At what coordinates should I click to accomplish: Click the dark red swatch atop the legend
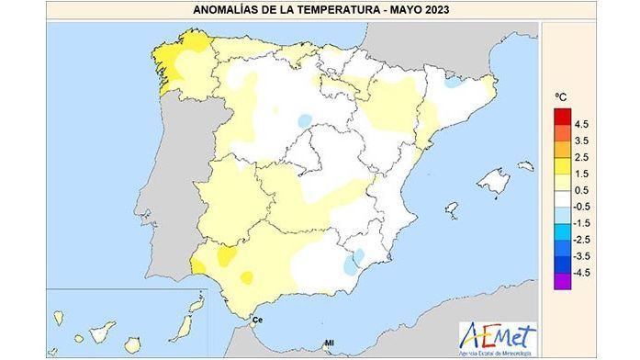pos(561,116)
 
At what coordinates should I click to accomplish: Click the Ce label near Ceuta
pos(258,320)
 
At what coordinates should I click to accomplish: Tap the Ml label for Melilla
pos(328,345)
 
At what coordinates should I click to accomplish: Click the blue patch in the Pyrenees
pos(453,82)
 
